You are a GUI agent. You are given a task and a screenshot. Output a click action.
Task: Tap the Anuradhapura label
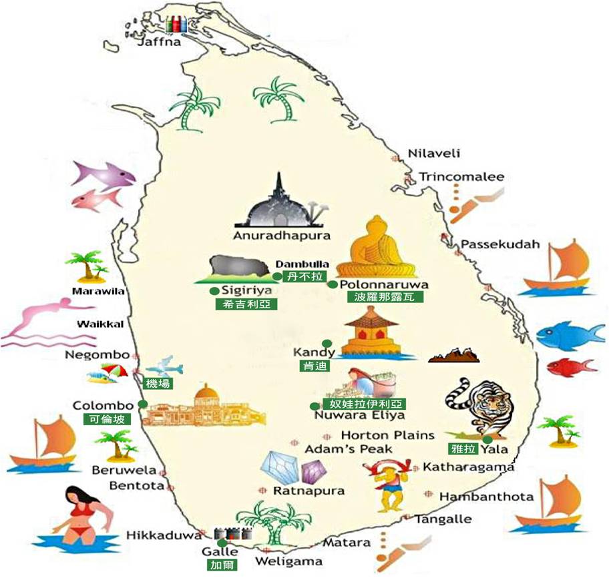pos(281,236)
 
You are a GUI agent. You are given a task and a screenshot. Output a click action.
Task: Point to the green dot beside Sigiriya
pos(214,290)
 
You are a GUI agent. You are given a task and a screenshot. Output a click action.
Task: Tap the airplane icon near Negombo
pos(164,366)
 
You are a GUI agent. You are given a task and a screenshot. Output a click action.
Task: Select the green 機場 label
pos(158,383)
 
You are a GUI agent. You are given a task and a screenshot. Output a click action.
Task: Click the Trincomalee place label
pos(461,177)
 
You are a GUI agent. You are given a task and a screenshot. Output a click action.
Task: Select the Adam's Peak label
pos(349,449)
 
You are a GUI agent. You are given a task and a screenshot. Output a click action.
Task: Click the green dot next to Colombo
pos(142,404)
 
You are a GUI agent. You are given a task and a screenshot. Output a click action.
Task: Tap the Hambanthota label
pos(486,497)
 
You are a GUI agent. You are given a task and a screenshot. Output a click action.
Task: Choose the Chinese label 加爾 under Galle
pos(220,565)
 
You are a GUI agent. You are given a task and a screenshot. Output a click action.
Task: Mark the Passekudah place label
pos(499,244)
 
